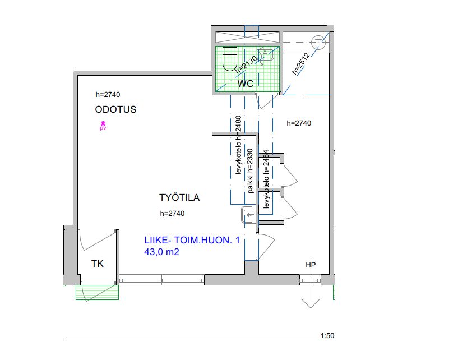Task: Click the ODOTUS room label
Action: point(115,109)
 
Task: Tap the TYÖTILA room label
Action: point(179,197)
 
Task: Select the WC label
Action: point(245,84)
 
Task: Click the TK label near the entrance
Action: point(98,264)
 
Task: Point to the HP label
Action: point(311,265)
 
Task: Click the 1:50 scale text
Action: point(327,336)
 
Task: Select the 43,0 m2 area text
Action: point(161,252)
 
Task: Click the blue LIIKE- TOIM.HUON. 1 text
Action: point(192,240)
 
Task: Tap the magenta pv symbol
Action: point(103,126)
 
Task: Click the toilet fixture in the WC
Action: point(230,59)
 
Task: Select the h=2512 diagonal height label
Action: point(300,64)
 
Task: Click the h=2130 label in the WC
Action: point(246,64)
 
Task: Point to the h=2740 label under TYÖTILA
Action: point(172,213)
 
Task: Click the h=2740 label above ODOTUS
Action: point(108,94)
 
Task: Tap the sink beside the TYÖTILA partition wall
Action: point(248,214)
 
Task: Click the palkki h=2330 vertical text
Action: point(251,171)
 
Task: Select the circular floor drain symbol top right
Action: point(318,42)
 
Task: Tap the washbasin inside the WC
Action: point(265,54)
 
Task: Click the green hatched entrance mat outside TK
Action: point(98,292)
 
